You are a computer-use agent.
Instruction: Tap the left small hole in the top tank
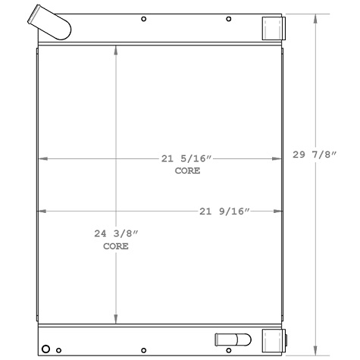(144, 17)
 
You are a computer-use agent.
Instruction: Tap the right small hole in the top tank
(229, 17)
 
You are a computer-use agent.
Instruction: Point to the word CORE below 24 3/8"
(115, 247)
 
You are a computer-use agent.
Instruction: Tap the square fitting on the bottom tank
(273, 339)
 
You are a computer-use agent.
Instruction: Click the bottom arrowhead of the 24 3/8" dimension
(115, 321)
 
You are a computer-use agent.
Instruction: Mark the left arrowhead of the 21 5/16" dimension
(42, 159)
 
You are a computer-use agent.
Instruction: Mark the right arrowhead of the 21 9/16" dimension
(280, 211)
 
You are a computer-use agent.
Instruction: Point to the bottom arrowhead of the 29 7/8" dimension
(316, 351)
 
